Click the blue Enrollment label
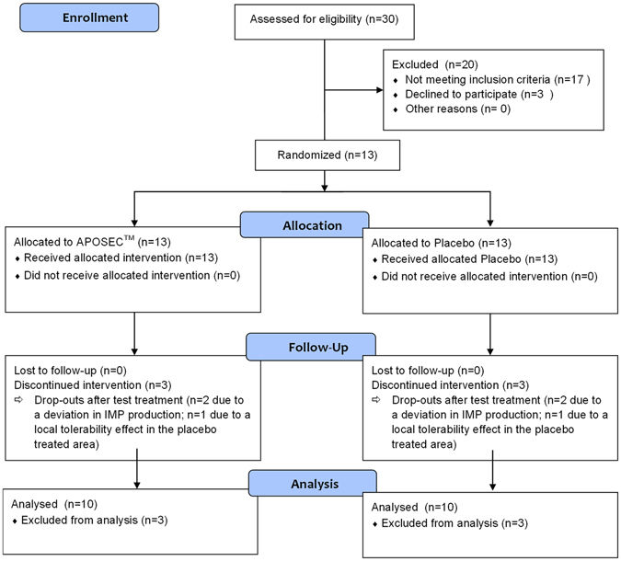tap(89, 17)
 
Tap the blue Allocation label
tap(305, 224)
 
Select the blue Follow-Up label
tap(311, 347)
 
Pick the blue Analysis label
tap(313, 483)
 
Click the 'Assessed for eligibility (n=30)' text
tap(324, 19)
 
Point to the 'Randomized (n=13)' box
tap(328, 155)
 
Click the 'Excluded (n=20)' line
tap(435, 64)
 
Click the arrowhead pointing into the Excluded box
tap(379, 90)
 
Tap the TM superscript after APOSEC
tap(129, 237)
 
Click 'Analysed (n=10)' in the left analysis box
tap(54, 504)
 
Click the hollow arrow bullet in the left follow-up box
tap(18, 400)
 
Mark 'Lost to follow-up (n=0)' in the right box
tap(428, 371)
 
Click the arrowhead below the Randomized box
tap(325, 188)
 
